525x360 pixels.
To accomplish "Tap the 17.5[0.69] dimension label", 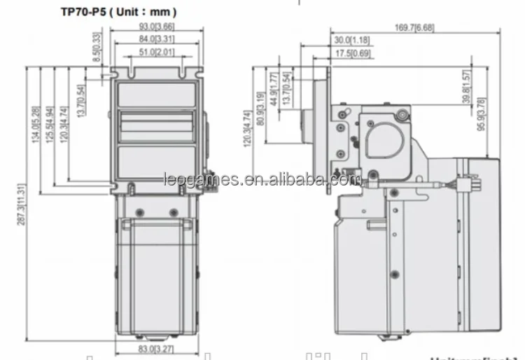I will coord(353,53).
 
